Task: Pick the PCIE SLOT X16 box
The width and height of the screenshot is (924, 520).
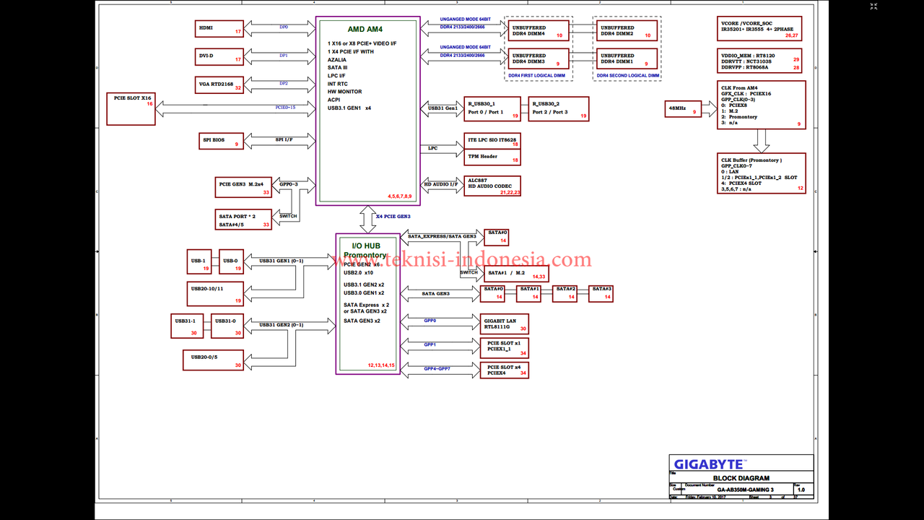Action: click(131, 108)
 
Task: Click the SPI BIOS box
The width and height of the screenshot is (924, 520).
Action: click(220, 140)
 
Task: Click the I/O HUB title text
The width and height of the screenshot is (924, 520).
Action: click(367, 246)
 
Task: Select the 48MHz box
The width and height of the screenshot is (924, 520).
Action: click(682, 108)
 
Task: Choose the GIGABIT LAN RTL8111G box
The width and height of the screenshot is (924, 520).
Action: click(504, 324)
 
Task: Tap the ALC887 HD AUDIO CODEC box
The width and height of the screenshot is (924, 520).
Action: click(492, 186)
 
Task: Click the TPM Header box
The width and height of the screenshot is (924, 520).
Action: click(492, 157)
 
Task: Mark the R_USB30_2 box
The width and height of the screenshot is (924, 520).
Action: click(558, 108)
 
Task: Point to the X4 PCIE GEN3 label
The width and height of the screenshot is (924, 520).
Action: click(393, 217)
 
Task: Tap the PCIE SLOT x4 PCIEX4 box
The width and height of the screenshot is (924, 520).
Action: click(504, 370)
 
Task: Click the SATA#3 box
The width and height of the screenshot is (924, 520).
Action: click(601, 292)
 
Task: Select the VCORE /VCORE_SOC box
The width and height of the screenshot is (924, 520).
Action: click(760, 29)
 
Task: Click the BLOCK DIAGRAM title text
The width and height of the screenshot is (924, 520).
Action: click(741, 478)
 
